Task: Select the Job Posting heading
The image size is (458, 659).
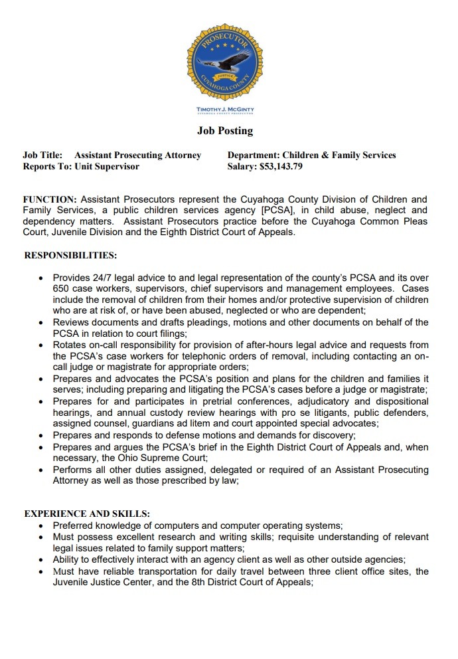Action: pos(224,131)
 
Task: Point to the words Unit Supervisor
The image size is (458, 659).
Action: pos(107,167)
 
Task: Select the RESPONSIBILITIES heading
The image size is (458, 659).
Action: pos(70,254)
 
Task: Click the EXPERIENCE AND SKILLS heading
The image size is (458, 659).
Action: pos(86,514)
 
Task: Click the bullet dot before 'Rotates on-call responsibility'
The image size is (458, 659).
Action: pos(42,345)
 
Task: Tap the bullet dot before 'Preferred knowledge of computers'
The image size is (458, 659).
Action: pos(42,526)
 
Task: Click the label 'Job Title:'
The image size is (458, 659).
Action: pos(42,155)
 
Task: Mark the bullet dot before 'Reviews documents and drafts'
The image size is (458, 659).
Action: pos(42,323)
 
